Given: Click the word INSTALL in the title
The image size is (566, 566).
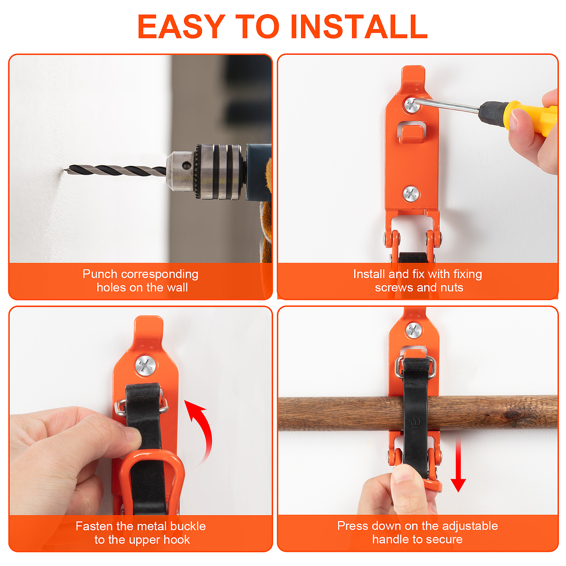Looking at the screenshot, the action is pos(359,27).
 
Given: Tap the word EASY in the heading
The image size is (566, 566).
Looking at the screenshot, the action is pos(181,27).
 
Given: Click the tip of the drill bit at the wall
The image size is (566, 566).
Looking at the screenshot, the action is pos(65,169).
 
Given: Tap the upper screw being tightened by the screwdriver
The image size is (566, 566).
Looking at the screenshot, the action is pos(412,105).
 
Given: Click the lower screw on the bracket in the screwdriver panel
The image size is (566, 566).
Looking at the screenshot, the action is pos(411,194).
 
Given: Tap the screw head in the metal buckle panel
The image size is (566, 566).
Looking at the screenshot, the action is pos(145,366).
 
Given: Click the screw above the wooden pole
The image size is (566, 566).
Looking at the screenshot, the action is pos(413,330).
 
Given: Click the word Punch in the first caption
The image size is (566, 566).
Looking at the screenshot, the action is pos(100,274).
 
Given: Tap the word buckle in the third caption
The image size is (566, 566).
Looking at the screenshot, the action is pos(188,526).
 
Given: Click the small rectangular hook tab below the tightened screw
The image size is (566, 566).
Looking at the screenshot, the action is pos(412,134).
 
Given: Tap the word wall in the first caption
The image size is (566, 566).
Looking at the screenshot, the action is pos(177,287).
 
